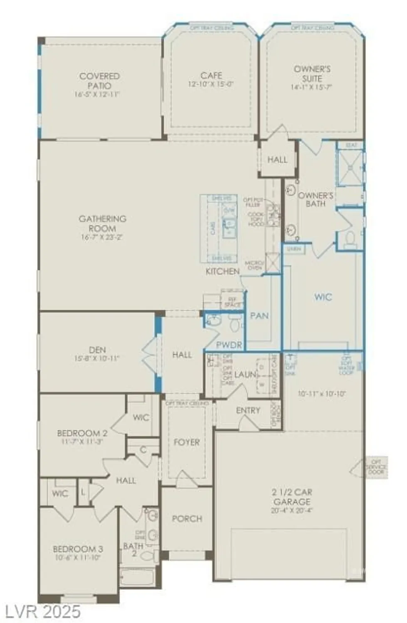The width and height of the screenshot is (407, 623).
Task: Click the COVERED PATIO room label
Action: pyautogui.click(x=99, y=81)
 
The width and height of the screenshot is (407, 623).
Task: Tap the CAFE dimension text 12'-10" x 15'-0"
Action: pyautogui.click(x=211, y=84)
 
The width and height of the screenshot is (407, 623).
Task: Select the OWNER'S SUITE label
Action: pyautogui.click(x=312, y=74)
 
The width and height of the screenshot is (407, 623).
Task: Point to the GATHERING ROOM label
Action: pyautogui.click(x=102, y=223)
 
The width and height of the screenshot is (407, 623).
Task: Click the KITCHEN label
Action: pyautogui.click(x=222, y=271)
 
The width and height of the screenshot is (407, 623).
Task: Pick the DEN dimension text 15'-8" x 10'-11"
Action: pyautogui.click(x=97, y=358)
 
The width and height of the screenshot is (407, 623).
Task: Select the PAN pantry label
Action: pyautogui.click(x=259, y=316)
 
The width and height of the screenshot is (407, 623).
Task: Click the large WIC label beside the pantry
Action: pyautogui.click(x=323, y=297)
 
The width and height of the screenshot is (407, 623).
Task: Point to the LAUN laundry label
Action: pyautogui.click(x=245, y=374)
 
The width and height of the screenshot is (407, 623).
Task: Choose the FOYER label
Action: pyautogui.click(x=187, y=442)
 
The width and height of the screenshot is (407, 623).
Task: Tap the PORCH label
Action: pyautogui.click(x=187, y=518)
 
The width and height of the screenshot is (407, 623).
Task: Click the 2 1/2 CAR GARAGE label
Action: pyautogui.click(x=292, y=497)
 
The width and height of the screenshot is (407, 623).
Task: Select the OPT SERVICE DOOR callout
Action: pyautogui.click(x=376, y=467)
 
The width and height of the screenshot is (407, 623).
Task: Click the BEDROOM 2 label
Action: pyautogui.click(x=82, y=433)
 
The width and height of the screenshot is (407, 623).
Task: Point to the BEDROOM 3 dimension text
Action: pyautogui.click(x=78, y=558)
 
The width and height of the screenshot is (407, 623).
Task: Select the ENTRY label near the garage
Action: pyautogui.click(x=248, y=410)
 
